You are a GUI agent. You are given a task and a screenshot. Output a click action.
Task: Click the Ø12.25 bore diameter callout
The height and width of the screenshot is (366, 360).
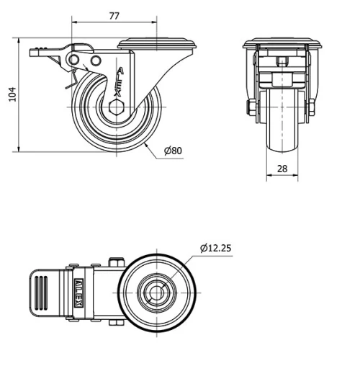215,248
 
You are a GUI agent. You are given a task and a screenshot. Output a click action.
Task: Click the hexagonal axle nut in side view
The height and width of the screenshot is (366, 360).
117,109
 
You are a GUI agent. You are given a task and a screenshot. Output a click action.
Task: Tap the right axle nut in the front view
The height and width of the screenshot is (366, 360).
313,109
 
